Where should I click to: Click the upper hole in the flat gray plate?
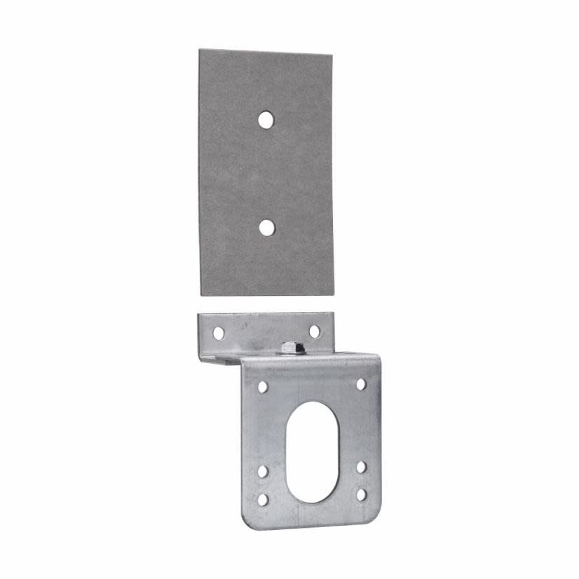(x=265, y=120)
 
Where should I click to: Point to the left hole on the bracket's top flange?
(x=219, y=333)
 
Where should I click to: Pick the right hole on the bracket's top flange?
(x=315, y=331)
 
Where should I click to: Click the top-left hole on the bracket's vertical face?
(x=263, y=386)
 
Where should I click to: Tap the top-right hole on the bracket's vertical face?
(x=361, y=384)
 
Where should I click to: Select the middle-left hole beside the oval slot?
(x=262, y=471)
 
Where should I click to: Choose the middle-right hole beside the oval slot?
(x=361, y=467)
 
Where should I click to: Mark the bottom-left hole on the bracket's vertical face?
(x=263, y=499)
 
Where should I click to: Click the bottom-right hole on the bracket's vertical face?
(x=361, y=494)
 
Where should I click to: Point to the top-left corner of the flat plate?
(x=200, y=50)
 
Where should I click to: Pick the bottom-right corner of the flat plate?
(x=334, y=295)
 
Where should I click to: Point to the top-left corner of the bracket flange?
(x=198, y=315)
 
